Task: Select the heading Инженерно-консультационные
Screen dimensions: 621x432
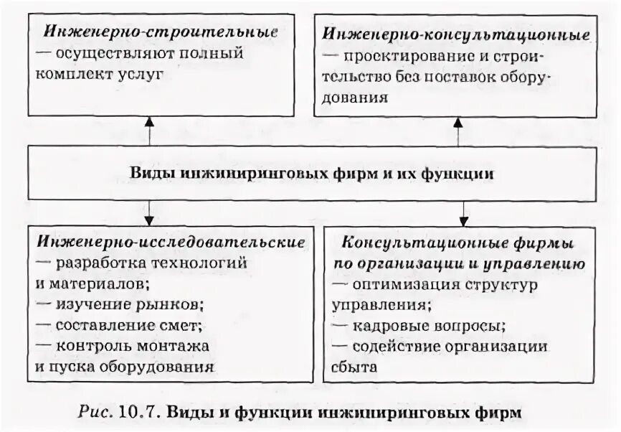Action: tap(456, 34)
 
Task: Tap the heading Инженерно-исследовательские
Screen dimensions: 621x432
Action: tap(169, 242)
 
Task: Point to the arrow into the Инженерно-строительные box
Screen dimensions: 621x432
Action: tap(149, 123)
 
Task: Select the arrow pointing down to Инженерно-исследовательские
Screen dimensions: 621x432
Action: tap(149, 213)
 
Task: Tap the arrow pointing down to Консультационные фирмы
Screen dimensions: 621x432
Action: tap(464, 213)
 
